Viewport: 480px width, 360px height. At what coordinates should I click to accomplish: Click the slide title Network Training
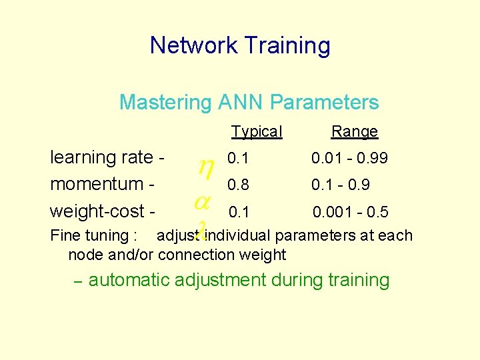(240, 45)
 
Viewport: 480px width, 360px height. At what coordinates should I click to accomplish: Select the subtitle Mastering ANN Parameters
(249, 102)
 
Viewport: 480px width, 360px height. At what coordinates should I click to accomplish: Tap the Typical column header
(257, 131)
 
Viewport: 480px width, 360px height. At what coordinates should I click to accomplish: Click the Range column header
(354, 131)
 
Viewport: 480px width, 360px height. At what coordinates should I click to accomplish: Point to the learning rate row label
(107, 157)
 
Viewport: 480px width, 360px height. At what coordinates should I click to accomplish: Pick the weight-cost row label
(103, 211)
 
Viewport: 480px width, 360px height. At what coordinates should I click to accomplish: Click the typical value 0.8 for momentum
(235, 185)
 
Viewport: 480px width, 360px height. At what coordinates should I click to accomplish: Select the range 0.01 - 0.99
(349, 159)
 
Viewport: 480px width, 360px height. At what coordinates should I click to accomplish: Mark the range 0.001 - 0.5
(351, 212)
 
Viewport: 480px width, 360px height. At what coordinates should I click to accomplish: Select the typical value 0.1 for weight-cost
(238, 212)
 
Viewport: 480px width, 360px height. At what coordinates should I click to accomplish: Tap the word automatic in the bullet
(129, 280)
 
